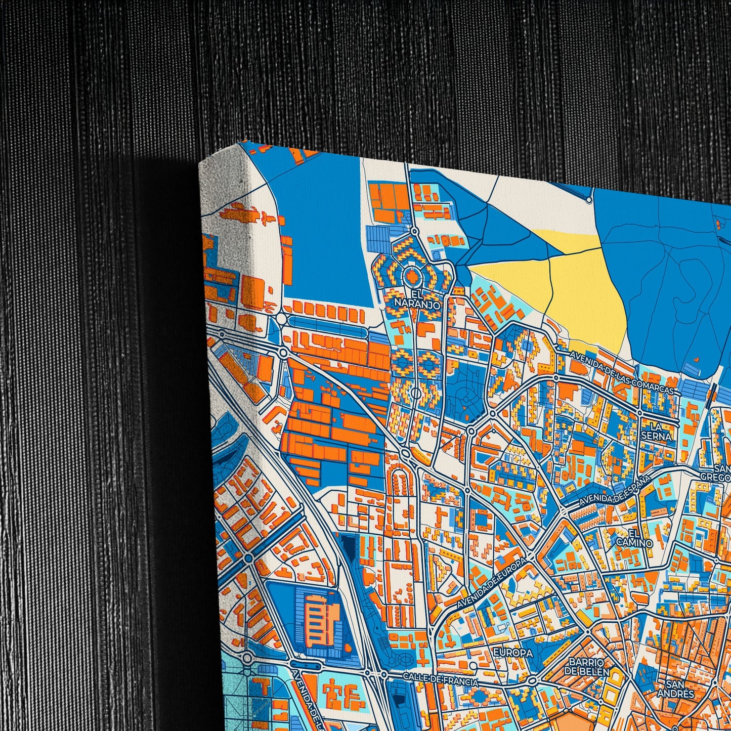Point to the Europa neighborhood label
pyautogui.click(x=513, y=653)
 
